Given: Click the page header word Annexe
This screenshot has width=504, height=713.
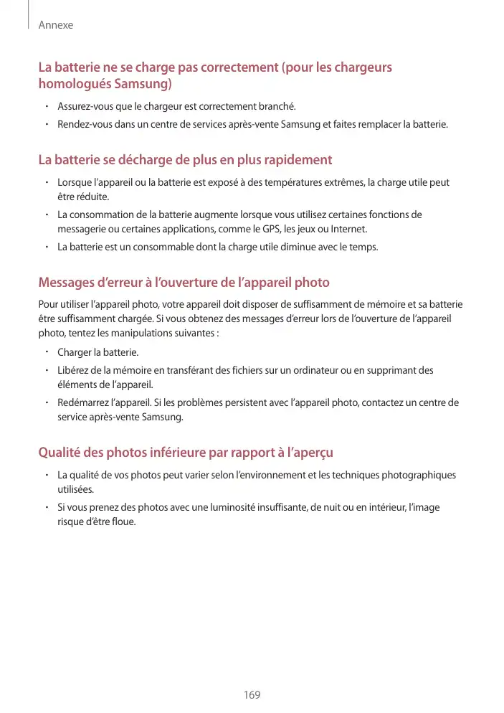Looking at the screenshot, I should [x=56, y=25].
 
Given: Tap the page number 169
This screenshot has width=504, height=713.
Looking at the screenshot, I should [x=252, y=695].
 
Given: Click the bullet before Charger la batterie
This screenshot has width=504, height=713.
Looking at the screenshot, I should [x=45, y=352].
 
